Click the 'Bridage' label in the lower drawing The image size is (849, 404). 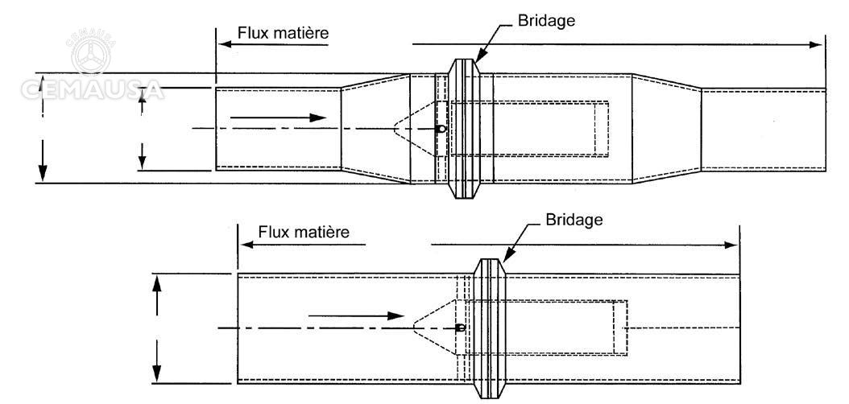(x=573, y=220)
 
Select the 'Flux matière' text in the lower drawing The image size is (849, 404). (x=304, y=233)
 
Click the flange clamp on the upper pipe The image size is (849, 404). (x=464, y=129)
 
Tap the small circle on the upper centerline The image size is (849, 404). (x=441, y=128)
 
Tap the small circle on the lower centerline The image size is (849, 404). (x=460, y=328)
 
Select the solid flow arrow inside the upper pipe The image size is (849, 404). (x=279, y=117)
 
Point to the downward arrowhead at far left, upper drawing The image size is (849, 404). (x=43, y=173)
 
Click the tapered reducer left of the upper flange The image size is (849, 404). (x=375, y=129)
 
